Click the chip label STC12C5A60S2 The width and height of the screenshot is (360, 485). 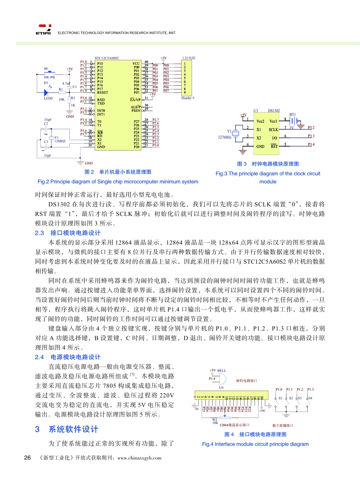[x=106, y=58]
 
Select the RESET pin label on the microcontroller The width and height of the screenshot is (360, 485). [x=103, y=92]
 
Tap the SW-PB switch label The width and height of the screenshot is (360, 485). [x=49, y=77]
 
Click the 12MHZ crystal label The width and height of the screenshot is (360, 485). [x=60, y=141]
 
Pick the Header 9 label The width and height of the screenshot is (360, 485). [x=188, y=98]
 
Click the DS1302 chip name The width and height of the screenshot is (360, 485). [x=274, y=111]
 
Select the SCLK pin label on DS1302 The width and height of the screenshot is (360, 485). [x=274, y=130]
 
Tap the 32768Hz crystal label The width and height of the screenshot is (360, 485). [x=225, y=138]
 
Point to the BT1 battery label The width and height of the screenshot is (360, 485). [x=292, y=114]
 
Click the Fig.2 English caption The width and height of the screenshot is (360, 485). [x=118, y=182]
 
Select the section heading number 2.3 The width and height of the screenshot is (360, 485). [x=39, y=233]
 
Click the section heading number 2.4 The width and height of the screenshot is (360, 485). [x=39, y=357]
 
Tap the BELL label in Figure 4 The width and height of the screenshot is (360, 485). [x=222, y=371]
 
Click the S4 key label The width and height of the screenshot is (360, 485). [x=310, y=398]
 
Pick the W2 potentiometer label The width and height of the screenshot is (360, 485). [x=215, y=419]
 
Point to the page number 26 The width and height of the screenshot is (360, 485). [x=27, y=458]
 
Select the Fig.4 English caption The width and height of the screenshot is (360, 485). [x=255, y=444]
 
